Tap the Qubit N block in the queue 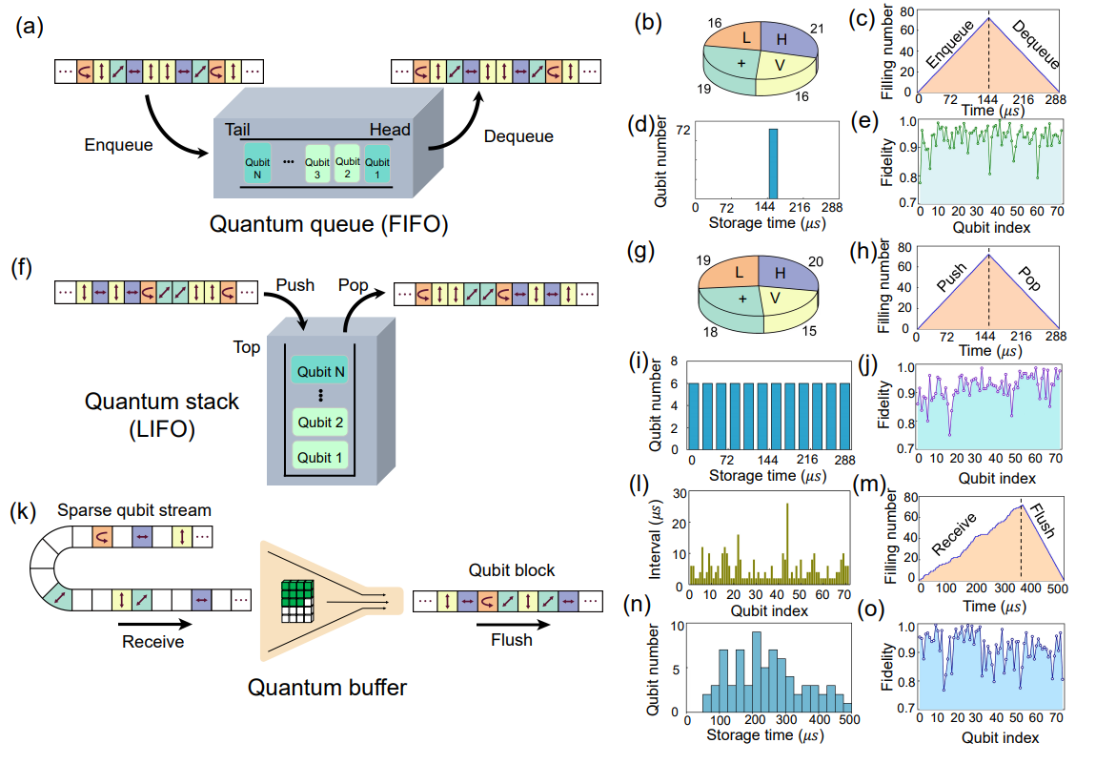257,162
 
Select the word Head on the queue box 392,130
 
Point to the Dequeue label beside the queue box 518,136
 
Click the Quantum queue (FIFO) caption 317,225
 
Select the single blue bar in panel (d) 774,164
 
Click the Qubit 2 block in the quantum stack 320,423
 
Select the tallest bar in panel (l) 787,543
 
